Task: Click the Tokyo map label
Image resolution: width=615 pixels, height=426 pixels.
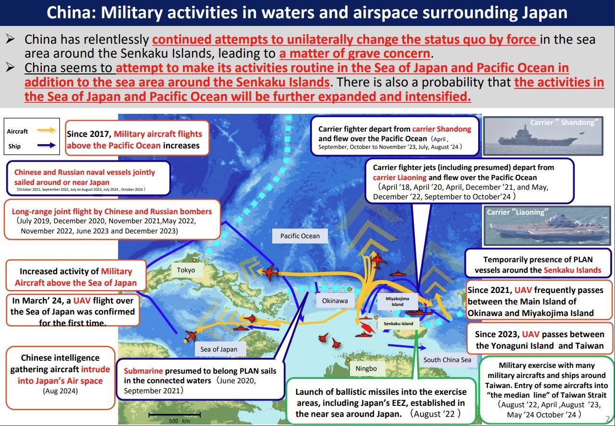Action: [x=186, y=270]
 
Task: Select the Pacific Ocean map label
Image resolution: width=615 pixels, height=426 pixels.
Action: [x=300, y=236]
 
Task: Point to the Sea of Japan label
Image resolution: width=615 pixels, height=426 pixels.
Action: [x=218, y=349]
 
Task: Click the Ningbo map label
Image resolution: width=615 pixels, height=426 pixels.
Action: [x=366, y=369]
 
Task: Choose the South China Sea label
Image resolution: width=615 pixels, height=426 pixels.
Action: [x=447, y=359]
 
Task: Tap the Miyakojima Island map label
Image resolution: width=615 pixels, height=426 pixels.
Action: [x=397, y=302]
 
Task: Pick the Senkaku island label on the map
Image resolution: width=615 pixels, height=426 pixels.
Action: [x=398, y=324]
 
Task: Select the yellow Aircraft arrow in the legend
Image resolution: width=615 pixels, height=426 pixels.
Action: [x=47, y=130]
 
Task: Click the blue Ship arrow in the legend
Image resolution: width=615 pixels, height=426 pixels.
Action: [x=47, y=145]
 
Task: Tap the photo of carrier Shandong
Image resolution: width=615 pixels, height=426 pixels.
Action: [x=542, y=135]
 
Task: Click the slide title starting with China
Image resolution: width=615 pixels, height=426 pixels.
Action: [x=307, y=13]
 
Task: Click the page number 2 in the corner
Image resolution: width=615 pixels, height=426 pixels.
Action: [x=608, y=418]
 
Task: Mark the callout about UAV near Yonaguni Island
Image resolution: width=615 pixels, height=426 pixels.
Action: [x=540, y=339]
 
